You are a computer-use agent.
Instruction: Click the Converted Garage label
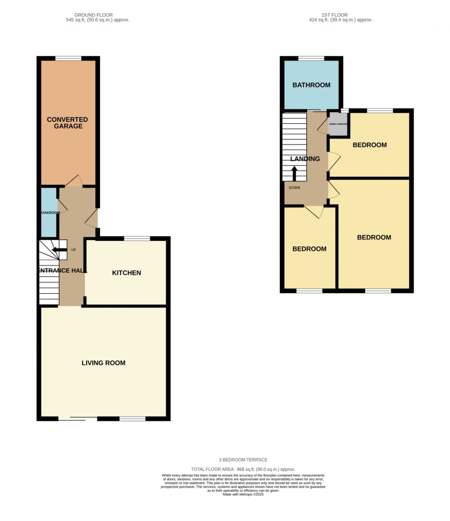tap(67, 123)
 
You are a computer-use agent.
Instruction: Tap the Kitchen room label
tap(127, 273)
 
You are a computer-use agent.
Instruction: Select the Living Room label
tap(103, 363)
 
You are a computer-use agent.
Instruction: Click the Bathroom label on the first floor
tap(311, 85)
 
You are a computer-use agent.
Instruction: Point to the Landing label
tap(305, 159)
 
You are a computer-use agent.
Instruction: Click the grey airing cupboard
tap(338, 124)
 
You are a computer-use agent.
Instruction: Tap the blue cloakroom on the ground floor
tap(49, 212)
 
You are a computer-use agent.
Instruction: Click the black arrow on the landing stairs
tap(294, 173)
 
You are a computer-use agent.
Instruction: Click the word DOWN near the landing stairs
tap(294, 188)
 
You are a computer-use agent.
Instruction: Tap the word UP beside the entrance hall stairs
tap(73, 250)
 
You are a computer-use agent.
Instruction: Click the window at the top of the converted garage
tap(68, 58)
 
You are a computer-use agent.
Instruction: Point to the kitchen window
tap(137, 239)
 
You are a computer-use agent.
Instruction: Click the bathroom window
tap(311, 58)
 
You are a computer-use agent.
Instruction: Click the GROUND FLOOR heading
tap(93, 15)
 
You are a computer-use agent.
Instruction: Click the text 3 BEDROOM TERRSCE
tap(243, 460)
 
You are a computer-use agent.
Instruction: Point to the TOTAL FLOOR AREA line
tap(243, 470)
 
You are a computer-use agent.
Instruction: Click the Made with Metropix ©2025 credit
tap(243, 494)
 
